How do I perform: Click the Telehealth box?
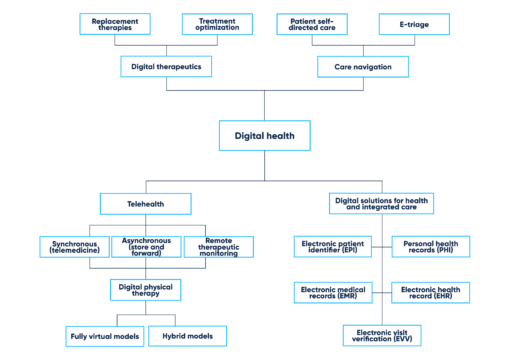point(147,204)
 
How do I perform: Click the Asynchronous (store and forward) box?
point(147,246)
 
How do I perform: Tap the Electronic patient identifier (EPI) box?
point(335,246)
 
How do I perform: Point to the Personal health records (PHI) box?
point(431,246)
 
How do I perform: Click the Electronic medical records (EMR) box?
point(335,292)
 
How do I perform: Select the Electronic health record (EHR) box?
point(431,292)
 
